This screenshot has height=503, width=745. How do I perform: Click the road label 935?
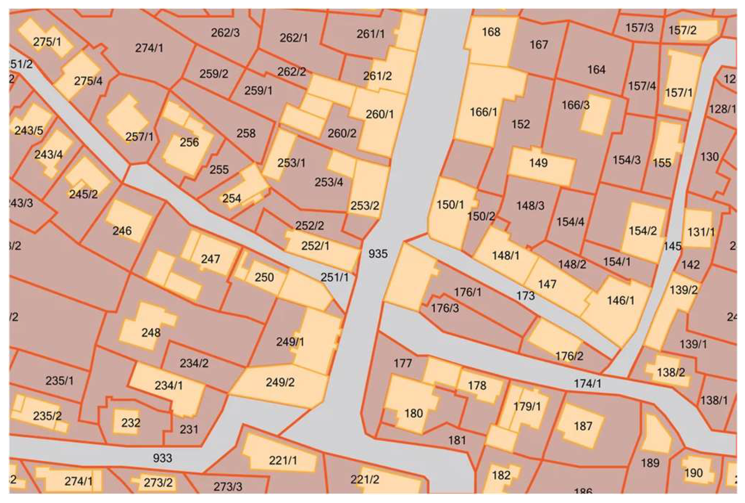click(x=378, y=254)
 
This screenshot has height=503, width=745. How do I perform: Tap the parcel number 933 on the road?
click(x=162, y=458)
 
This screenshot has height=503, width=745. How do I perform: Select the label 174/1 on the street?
click(x=587, y=383)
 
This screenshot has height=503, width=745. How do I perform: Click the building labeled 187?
click(x=582, y=426)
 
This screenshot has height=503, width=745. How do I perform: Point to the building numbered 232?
click(x=130, y=423)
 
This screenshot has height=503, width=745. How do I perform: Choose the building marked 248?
click(x=151, y=333)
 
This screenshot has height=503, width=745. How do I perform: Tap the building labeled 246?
click(x=122, y=231)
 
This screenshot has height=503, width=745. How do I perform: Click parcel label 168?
click(x=491, y=32)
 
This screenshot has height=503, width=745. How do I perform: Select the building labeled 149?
click(x=538, y=163)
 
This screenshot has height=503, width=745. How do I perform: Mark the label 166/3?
click(x=575, y=105)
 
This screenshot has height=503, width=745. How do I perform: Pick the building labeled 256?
click(x=189, y=142)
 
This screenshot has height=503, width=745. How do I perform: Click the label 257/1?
click(x=139, y=137)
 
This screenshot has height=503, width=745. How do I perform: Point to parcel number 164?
click(x=596, y=70)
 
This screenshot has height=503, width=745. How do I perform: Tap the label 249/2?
click(x=280, y=382)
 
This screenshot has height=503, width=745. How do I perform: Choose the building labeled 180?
click(x=414, y=414)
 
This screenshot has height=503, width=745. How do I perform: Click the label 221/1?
click(x=283, y=460)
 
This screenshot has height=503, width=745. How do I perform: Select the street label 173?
click(x=525, y=296)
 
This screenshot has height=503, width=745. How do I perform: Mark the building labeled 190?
click(x=693, y=473)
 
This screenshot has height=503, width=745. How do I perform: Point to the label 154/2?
click(x=642, y=231)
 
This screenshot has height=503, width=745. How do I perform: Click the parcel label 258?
click(x=246, y=133)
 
